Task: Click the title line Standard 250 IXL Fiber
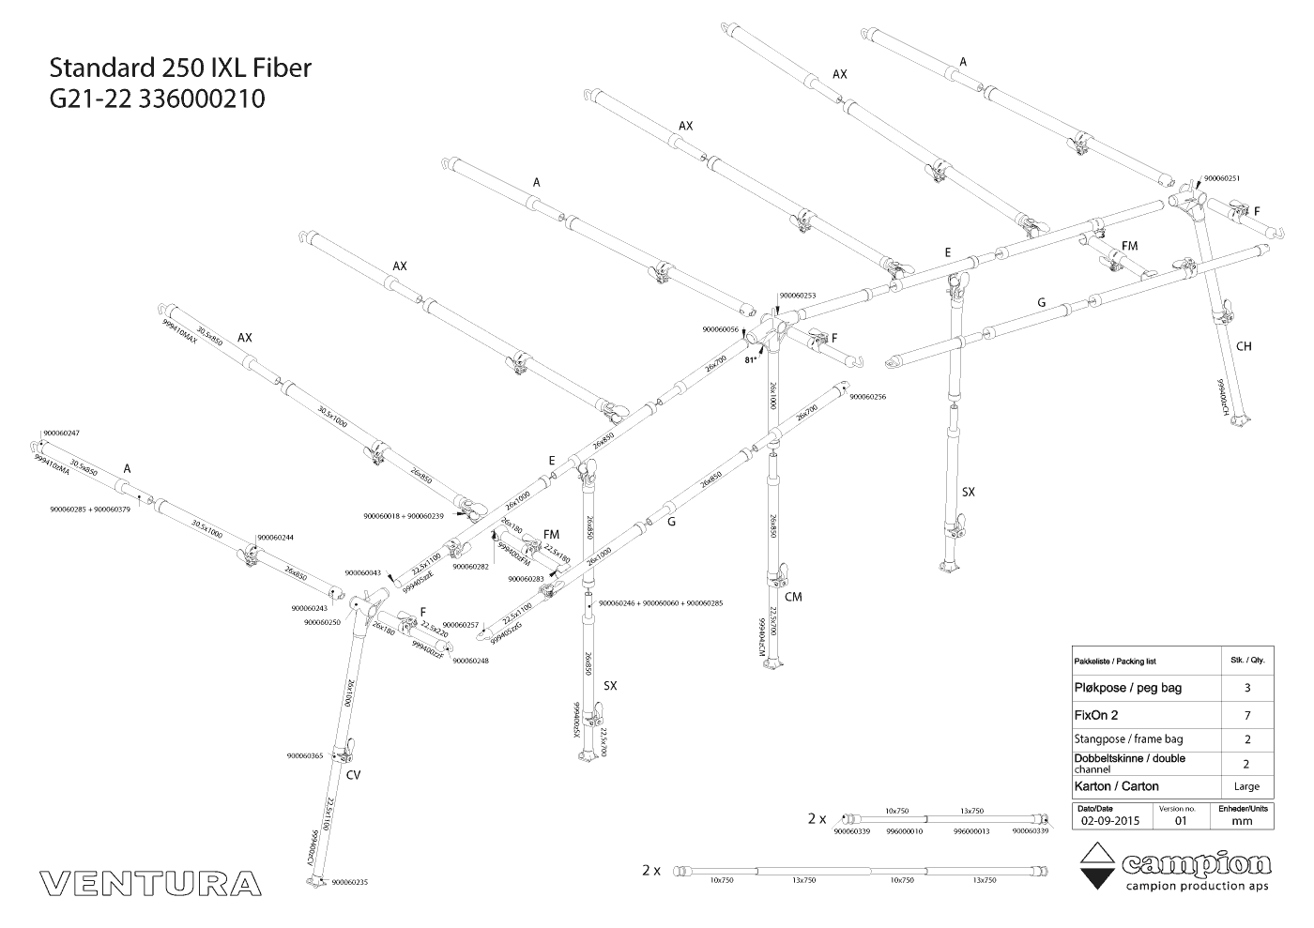pos(179,68)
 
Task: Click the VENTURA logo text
pos(151,883)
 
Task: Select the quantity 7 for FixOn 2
pos(1246,714)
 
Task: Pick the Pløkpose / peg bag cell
pos(1127,688)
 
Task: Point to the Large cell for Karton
pos(1246,786)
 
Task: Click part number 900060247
pos(61,433)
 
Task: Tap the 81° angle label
pos(751,359)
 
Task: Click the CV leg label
pos(353,775)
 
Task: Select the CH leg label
pos(1244,346)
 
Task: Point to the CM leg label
pos(793,597)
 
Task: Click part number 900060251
pos(1222,177)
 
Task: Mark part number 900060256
pos(867,397)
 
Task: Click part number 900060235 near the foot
pos(349,882)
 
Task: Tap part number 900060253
pos(798,296)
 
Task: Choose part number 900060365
pos(305,755)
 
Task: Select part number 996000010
pos(905,830)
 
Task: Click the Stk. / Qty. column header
pos(1246,661)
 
